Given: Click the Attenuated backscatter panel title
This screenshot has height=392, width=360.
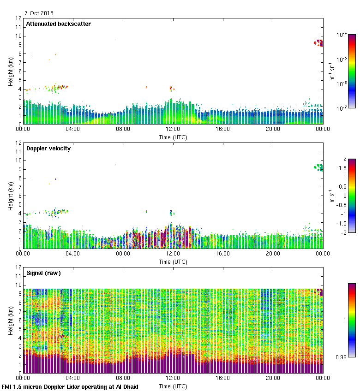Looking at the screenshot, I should point(58,24).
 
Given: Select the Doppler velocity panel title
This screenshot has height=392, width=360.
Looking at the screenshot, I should point(48,148).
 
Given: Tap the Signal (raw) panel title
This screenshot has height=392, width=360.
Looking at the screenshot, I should point(43,273).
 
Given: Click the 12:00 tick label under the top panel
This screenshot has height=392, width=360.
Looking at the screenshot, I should point(173,129).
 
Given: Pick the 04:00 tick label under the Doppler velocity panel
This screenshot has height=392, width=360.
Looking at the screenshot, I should point(73,254).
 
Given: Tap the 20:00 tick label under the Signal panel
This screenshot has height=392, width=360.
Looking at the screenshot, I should point(273,378).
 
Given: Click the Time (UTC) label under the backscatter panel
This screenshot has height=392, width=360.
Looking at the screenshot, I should point(173,137).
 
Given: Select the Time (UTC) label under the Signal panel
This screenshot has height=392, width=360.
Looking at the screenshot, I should point(173,386).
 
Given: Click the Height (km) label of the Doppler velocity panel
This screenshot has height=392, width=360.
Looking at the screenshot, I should point(10,196).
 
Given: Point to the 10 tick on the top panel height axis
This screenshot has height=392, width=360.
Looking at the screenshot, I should point(18,36).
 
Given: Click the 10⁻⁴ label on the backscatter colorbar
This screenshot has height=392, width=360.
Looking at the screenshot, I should point(342,35).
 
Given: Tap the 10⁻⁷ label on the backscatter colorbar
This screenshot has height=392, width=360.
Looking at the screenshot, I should point(342,108).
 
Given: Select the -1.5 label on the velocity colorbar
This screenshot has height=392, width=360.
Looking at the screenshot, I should point(342,223).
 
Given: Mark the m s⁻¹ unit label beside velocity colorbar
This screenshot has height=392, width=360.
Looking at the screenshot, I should point(332,196).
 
